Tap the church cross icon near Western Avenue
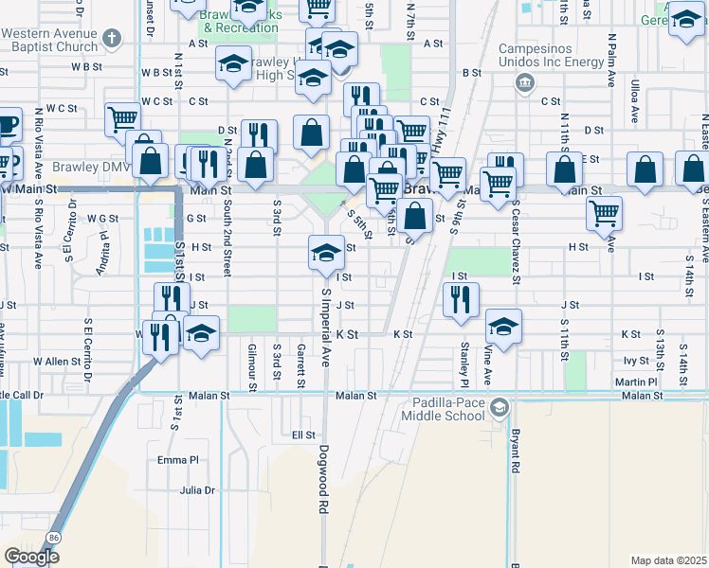(113, 39)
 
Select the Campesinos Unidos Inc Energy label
(551, 55)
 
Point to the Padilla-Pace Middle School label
(448, 409)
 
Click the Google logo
(31, 557)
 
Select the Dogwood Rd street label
(323, 493)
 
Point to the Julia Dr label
(197, 490)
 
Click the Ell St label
(303, 435)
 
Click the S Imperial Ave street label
(325, 328)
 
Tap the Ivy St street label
(635, 361)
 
